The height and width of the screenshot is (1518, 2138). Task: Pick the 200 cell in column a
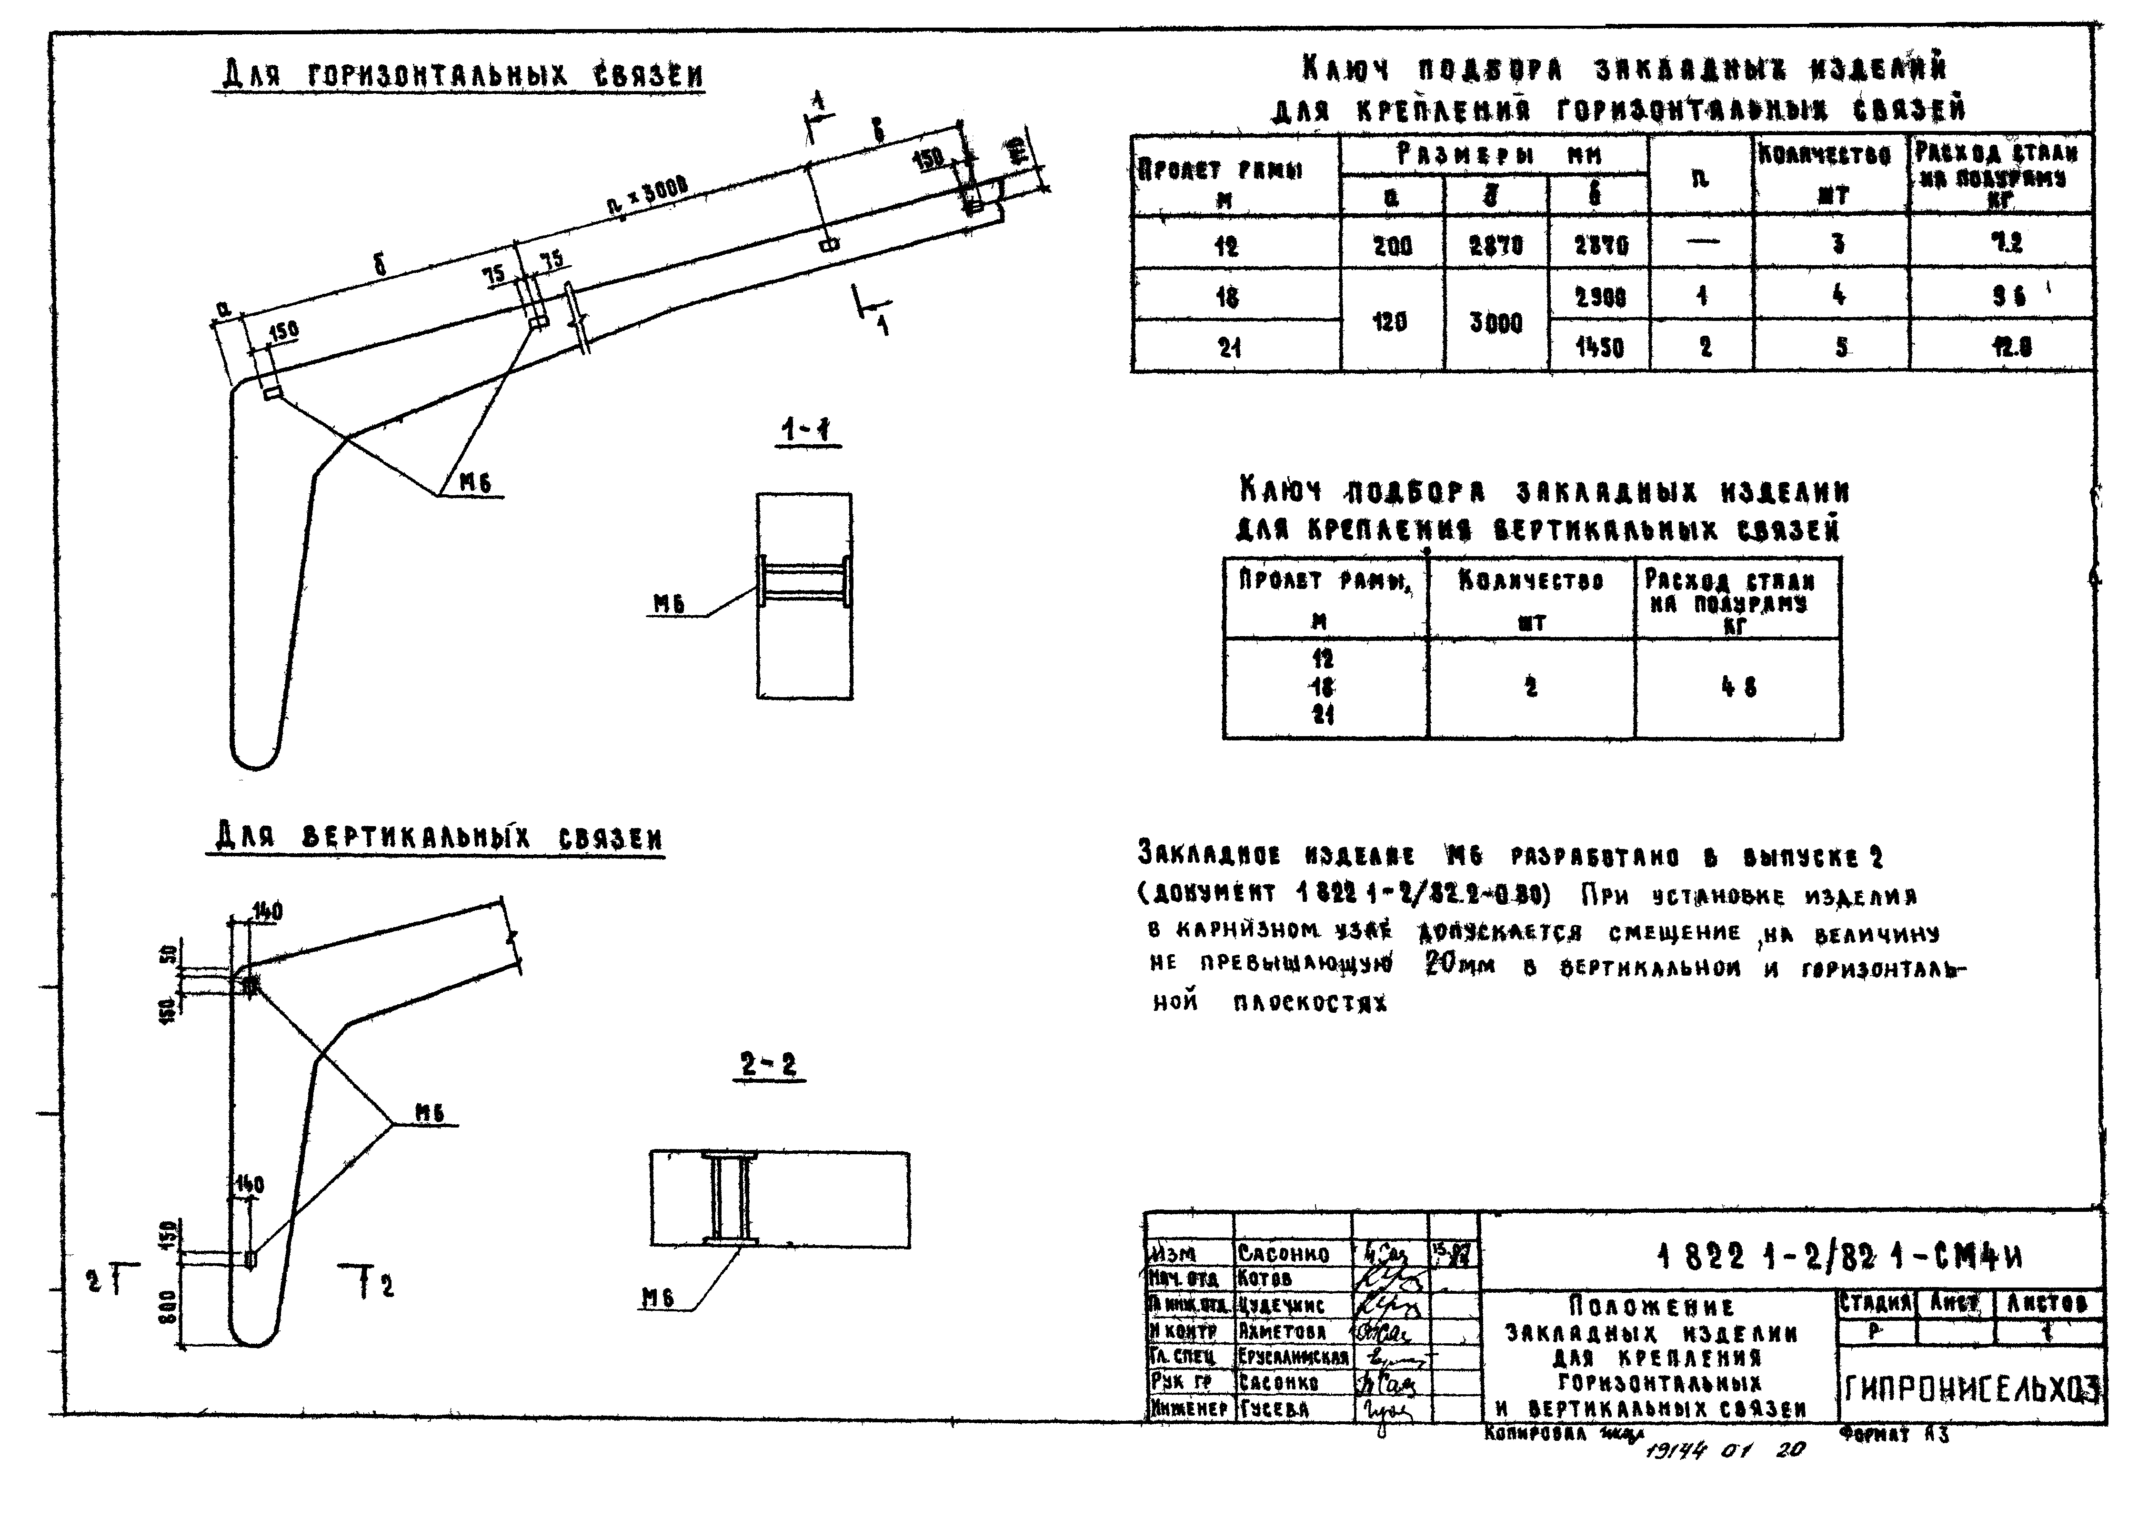pos(1392,246)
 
